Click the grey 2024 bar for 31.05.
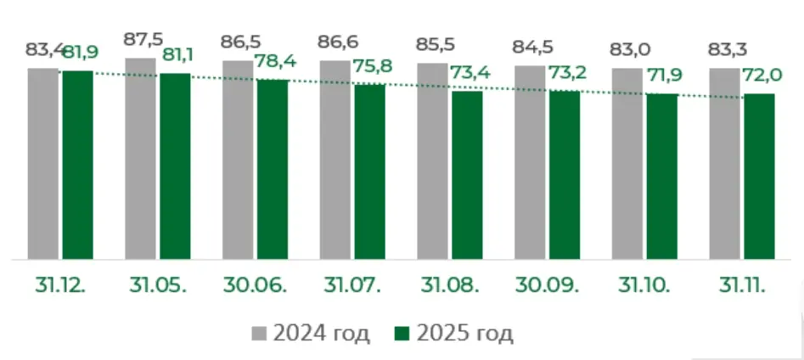(140, 159)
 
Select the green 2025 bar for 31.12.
(78, 165)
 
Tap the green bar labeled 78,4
(273, 169)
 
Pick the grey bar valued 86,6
(335, 160)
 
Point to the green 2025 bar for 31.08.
(467, 176)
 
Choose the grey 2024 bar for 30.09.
(530, 162)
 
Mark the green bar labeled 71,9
(662, 177)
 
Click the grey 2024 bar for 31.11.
(725, 164)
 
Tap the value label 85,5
(436, 45)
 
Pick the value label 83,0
(630, 50)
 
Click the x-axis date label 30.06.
(256, 285)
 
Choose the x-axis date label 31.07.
(352, 285)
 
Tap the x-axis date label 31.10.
(644, 285)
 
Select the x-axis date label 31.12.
(60, 285)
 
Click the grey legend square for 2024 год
(260, 334)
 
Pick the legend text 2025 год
(464, 334)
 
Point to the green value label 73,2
(568, 72)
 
